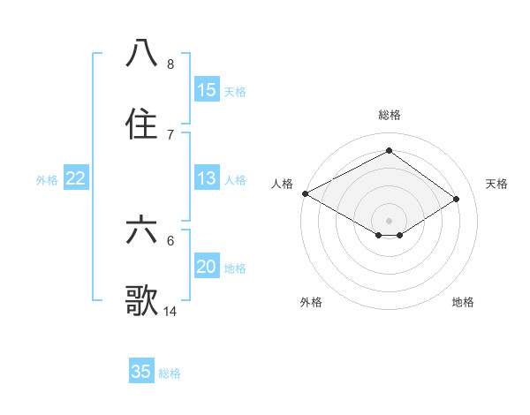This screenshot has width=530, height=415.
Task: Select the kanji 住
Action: click(x=142, y=124)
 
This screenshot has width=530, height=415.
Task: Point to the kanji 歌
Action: click(x=142, y=300)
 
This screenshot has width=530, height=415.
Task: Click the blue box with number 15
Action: click(x=207, y=90)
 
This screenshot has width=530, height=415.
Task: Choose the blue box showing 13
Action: click(x=207, y=179)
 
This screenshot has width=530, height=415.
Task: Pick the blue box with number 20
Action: click(x=207, y=268)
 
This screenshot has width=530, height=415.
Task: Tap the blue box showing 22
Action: click(x=76, y=179)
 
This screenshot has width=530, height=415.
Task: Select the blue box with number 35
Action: click(x=141, y=372)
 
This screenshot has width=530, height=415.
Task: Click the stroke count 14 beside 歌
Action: click(x=170, y=311)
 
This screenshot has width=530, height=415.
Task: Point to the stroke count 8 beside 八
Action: click(x=170, y=64)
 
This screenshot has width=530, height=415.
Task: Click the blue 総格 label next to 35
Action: click(x=170, y=373)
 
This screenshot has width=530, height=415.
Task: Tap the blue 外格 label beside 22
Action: click(x=47, y=180)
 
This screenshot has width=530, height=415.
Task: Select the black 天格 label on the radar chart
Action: click(x=496, y=184)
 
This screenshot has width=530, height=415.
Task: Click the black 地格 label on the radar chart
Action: click(x=463, y=302)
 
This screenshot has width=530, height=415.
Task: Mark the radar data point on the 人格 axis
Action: click(x=305, y=193)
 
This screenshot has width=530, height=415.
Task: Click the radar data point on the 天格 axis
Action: click(x=457, y=200)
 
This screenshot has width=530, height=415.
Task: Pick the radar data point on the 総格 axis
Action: click(x=389, y=151)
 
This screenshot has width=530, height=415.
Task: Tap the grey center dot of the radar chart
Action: click(x=389, y=220)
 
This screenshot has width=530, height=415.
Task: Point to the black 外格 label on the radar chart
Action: click(x=311, y=302)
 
